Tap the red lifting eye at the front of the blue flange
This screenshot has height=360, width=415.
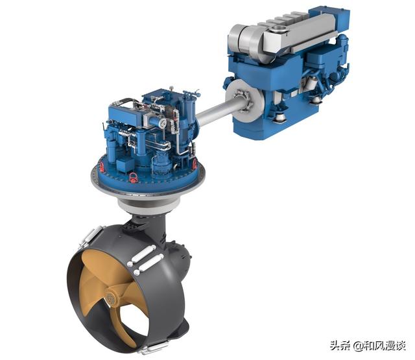pyautogui.click(x=134, y=177)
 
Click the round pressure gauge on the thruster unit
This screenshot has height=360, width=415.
pyautogui.click(x=163, y=122)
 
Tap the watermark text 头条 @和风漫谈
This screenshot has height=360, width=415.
pyautogui.click(x=368, y=345)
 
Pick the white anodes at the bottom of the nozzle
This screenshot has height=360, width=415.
pyautogui.click(x=154, y=347)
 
